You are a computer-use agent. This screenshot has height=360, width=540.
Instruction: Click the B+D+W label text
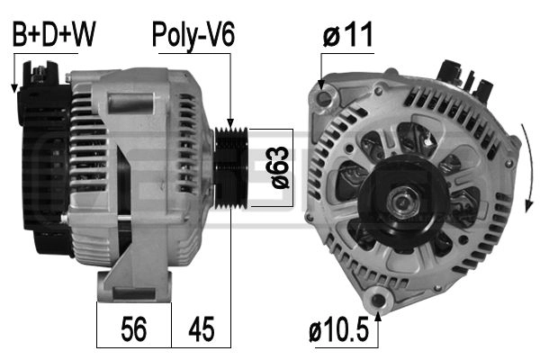point(53,35)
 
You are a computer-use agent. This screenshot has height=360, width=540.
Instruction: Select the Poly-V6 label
point(193,35)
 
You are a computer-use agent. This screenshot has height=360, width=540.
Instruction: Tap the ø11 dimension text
point(347,35)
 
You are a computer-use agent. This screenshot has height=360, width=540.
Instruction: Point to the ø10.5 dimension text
point(340,330)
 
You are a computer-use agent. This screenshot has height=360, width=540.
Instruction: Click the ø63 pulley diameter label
point(278,167)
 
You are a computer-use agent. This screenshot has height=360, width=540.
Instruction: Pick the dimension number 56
point(133,330)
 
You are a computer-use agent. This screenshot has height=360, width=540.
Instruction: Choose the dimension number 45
point(202,330)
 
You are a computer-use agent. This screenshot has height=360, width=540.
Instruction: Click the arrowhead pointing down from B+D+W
point(14,86)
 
